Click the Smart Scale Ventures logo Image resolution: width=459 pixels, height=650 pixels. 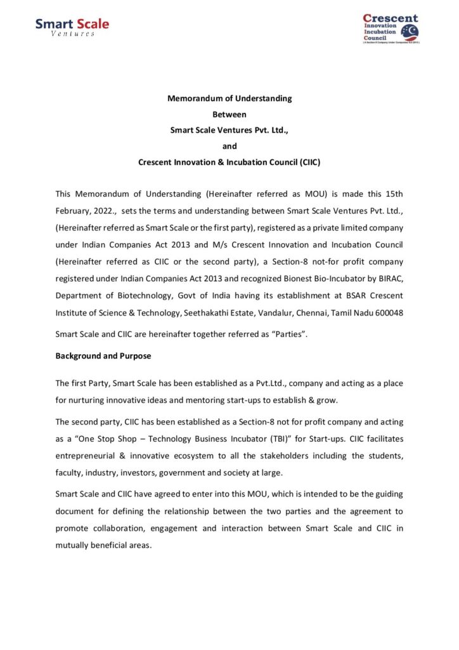72,27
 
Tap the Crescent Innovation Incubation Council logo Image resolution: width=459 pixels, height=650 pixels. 391,28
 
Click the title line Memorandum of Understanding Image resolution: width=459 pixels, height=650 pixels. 229,98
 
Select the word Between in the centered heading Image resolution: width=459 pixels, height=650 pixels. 229,114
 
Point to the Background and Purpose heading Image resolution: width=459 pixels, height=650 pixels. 103,356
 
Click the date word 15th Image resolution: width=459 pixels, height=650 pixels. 392,194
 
